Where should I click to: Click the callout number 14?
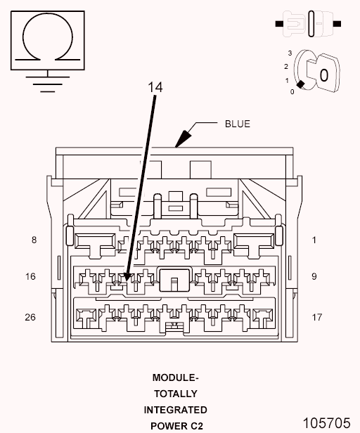click(x=155, y=87)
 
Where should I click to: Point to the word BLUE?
click(x=238, y=124)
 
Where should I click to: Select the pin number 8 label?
click(x=34, y=240)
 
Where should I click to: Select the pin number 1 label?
click(x=314, y=240)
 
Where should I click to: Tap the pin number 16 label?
click(x=30, y=276)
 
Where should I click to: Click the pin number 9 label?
click(x=314, y=276)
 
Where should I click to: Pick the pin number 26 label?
click(x=30, y=317)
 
